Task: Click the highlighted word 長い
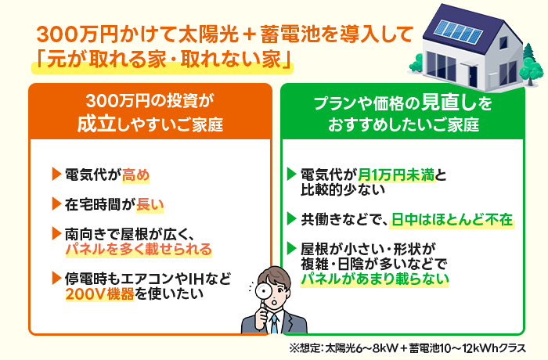pos(150,205)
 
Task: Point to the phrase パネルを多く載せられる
pos(138,248)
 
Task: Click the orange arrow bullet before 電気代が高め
pos(55,173)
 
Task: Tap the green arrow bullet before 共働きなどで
pos(292,218)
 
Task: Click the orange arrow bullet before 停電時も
pos(55,277)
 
